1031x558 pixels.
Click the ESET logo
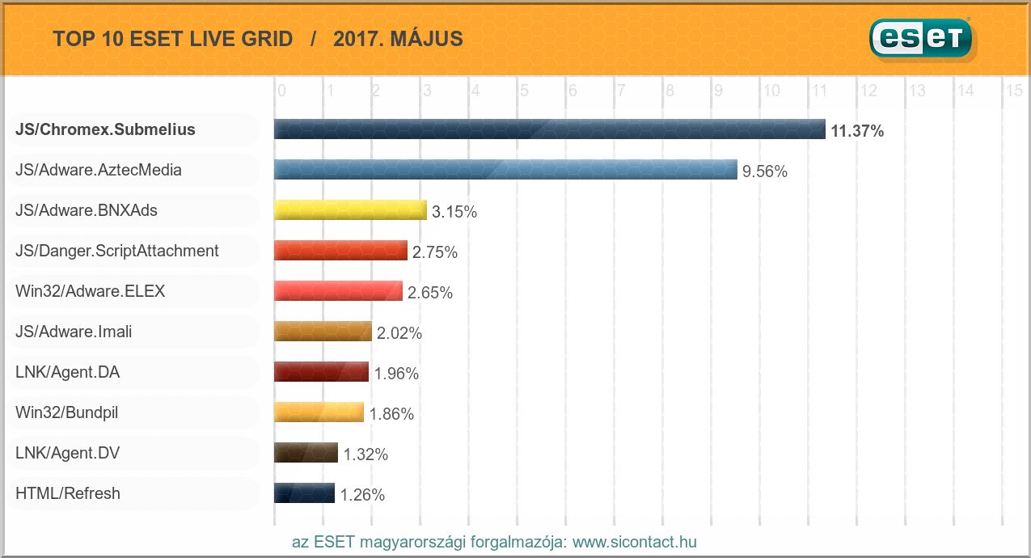coord(921,38)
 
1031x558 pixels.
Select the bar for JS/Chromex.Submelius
coord(549,129)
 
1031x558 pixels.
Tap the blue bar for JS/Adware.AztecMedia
coord(505,170)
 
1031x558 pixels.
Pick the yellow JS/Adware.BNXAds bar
coord(350,210)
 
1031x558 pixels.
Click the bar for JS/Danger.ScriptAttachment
coord(340,251)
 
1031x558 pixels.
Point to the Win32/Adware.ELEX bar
coord(338,291)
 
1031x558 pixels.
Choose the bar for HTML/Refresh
coord(304,493)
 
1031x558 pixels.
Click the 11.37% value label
coord(857,131)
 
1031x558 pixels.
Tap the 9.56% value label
coord(765,171)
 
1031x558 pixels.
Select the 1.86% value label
coord(391,414)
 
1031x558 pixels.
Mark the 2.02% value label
coord(399,333)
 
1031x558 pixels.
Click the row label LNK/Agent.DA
coord(68,373)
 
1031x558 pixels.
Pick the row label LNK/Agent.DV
coord(68,454)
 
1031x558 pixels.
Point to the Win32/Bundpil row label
coord(67,413)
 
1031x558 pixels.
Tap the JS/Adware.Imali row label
coord(74,332)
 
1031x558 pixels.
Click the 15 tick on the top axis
coord(1014,91)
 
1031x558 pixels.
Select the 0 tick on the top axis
coord(281,91)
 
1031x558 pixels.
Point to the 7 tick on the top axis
coord(621,91)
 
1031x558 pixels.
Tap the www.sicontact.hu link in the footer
coord(634,542)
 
